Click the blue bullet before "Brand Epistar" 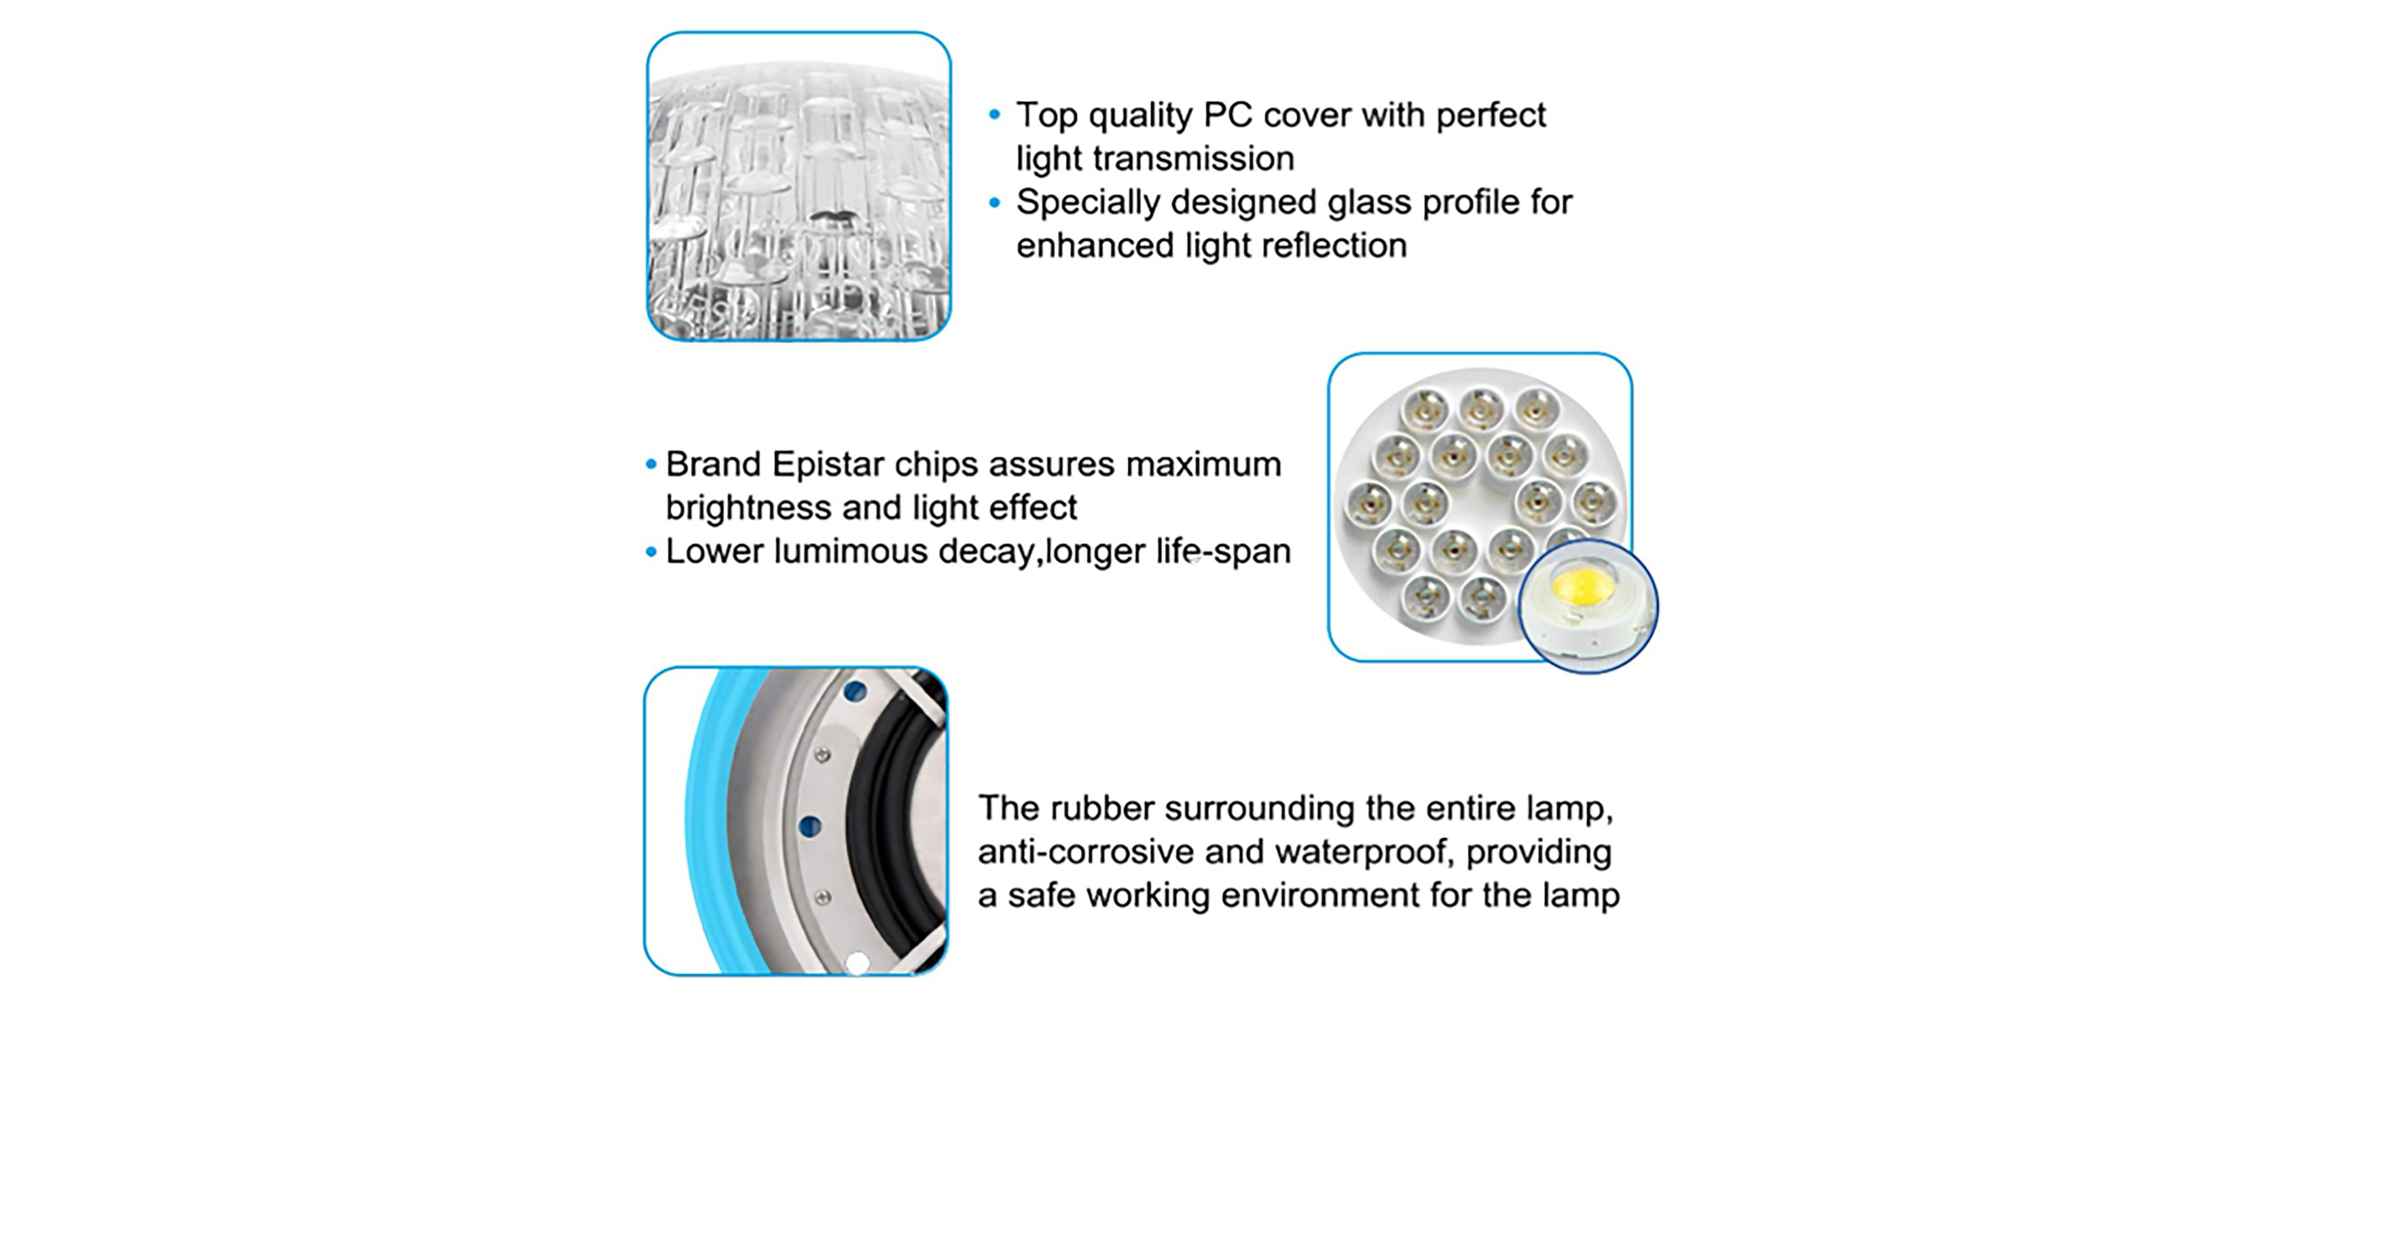[651, 465]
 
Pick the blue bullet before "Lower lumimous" [651, 552]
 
